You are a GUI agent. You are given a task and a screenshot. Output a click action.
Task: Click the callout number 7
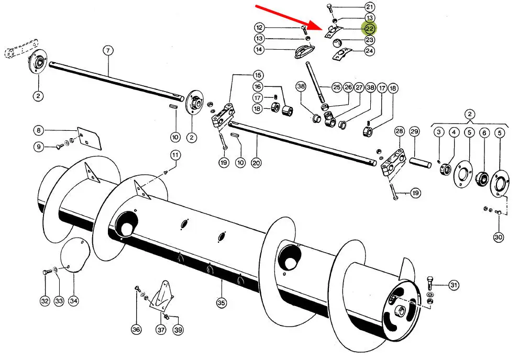coord(108,51)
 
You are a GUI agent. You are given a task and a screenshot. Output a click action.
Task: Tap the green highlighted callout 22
coord(370,29)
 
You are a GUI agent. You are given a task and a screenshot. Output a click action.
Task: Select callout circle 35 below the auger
coord(221,302)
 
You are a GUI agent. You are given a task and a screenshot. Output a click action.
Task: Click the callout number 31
coord(454,285)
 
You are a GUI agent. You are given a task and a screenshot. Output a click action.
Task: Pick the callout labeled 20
coord(256,163)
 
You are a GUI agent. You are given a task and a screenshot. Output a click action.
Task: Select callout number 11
coord(175,155)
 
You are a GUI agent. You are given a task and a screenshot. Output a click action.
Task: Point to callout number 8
coord(39,130)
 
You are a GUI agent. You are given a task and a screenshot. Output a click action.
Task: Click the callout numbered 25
coord(336,87)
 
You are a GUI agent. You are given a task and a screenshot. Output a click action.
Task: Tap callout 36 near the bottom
coord(136,330)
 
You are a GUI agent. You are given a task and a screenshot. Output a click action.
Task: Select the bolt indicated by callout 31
coord(430,283)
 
